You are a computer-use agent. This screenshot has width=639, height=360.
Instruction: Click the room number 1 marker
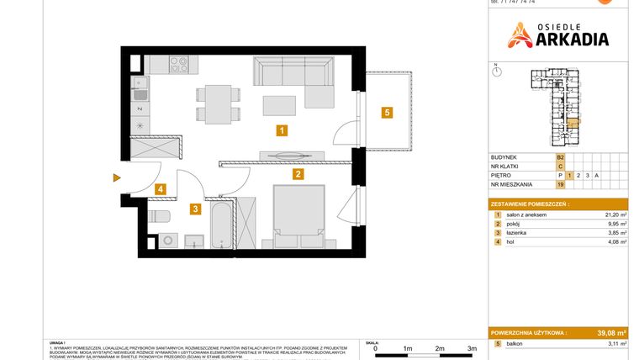[283, 130]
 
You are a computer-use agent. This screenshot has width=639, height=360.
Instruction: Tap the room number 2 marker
[298, 175]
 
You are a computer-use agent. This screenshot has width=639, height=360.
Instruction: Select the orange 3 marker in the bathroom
[194, 209]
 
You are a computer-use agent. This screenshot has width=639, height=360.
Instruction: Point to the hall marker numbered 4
[160, 190]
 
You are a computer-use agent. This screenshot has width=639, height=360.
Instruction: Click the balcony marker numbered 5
[386, 112]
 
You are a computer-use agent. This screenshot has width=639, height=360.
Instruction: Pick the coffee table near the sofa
[279, 105]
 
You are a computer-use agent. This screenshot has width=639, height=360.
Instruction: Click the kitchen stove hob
[178, 63]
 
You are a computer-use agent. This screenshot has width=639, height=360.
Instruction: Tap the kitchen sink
[140, 93]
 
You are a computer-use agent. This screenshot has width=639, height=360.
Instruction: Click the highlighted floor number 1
[569, 175]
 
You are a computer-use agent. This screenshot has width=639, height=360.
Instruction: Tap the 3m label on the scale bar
[472, 347]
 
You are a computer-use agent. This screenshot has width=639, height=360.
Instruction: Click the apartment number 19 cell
[559, 184]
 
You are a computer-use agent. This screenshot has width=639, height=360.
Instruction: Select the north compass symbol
[497, 71]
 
